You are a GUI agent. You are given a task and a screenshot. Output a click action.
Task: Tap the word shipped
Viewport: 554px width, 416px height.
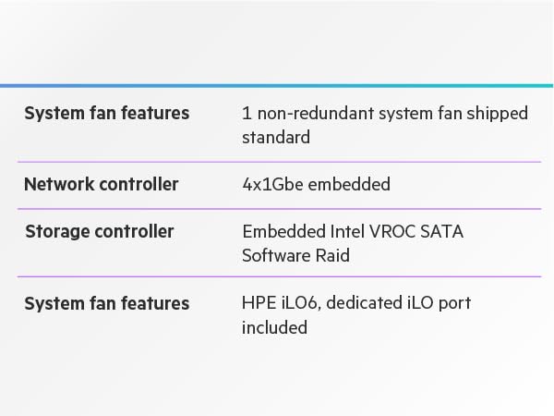click(x=496, y=114)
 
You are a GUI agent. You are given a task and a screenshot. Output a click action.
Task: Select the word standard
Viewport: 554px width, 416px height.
click(x=275, y=137)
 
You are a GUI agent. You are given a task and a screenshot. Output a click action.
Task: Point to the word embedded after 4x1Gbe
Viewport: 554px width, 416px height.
click(x=349, y=184)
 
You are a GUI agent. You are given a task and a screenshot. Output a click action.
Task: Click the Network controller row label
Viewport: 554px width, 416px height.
click(x=101, y=184)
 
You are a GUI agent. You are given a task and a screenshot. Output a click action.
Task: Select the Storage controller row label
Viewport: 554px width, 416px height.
click(x=99, y=231)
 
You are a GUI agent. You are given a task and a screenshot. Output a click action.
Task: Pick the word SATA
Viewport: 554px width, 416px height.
click(x=442, y=231)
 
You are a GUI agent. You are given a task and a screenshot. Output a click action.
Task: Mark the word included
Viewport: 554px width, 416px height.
click(x=274, y=327)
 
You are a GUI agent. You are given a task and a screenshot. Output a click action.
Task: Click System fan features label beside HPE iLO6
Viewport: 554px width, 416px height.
click(x=106, y=303)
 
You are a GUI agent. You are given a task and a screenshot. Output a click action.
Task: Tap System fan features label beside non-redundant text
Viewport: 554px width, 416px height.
click(x=106, y=113)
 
